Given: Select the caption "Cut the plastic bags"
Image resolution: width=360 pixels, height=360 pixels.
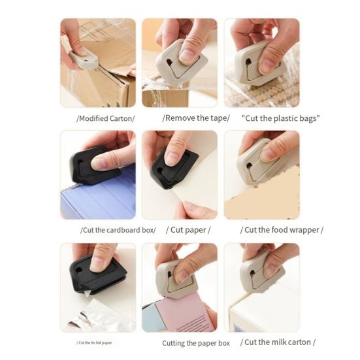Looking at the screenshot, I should pos(281,118).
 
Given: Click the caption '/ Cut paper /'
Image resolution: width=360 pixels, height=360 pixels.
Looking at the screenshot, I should pos(188,230).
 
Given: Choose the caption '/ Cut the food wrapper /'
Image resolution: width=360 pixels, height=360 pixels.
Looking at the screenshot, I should pos(282,230).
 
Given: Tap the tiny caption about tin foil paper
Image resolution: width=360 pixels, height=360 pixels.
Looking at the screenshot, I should pos(98,342).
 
